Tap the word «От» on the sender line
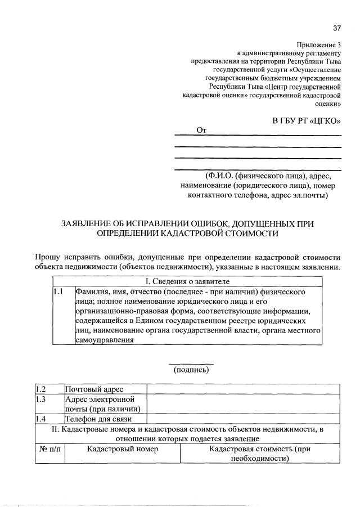[x=201, y=131]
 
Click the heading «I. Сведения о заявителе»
[x=186, y=281]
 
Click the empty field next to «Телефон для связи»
[x=243, y=419]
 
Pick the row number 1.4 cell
[x=49, y=419]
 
